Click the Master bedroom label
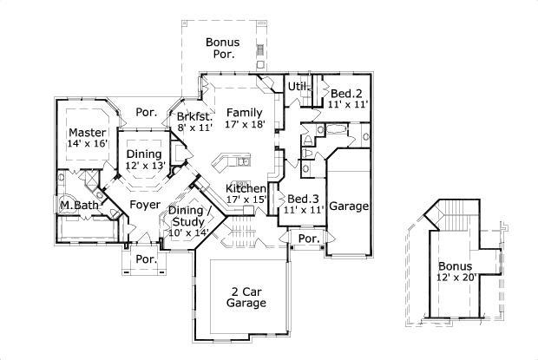click(x=87, y=133)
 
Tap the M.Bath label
click(x=76, y=206)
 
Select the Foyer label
click(x=143, y=205)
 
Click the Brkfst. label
click(x=194, y=116)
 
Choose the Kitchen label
click(x=246, y=188)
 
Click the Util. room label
click(x=299, y=86)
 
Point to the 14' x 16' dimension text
click(x=87, y=144)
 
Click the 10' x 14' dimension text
click(x=188, y=232)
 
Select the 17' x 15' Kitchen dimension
click(x=246, y=200)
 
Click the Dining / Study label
click(x=188, y=215)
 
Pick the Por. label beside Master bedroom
click(x=145, y=112)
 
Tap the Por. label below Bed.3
click(x=308, y=238)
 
